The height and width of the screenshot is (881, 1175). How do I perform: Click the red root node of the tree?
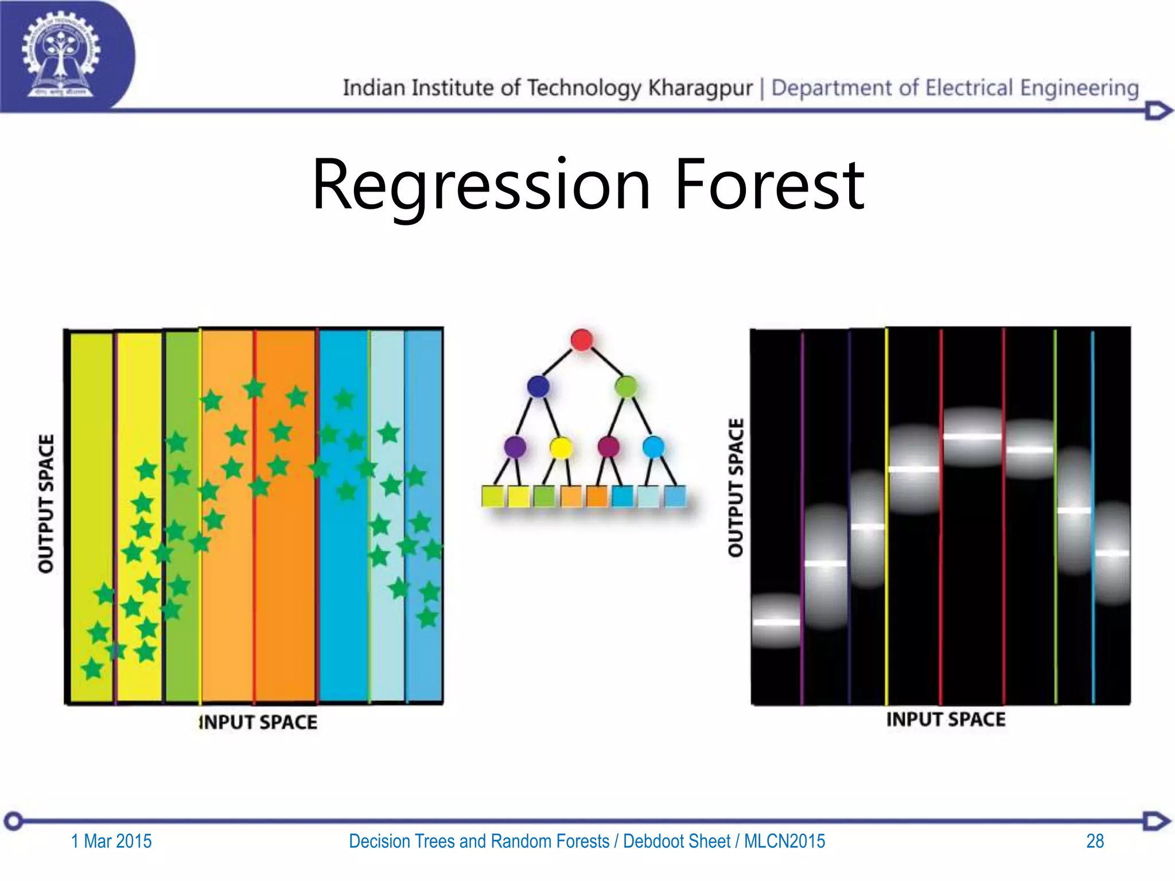(581, 340)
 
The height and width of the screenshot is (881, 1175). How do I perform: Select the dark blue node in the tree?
(538, 386)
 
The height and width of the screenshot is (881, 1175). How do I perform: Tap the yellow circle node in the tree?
(561, 447)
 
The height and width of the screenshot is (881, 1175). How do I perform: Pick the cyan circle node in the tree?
(653, 446)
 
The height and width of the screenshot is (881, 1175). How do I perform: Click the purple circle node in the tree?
(515, 446)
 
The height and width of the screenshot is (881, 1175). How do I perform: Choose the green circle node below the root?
(626, 386)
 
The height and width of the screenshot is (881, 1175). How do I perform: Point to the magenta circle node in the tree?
(608, 446)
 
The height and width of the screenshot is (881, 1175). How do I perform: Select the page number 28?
(1095, 841)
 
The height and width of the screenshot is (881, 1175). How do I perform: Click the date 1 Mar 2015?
(111, 841)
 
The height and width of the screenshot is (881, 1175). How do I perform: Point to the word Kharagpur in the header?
(700, 88)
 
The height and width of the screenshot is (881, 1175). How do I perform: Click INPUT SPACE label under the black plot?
(946, 719)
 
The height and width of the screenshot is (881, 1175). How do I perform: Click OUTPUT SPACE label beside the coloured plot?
(46, 504)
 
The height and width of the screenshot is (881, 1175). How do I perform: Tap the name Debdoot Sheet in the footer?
(676, 841)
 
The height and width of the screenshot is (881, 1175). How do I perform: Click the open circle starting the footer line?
(14, 821)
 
